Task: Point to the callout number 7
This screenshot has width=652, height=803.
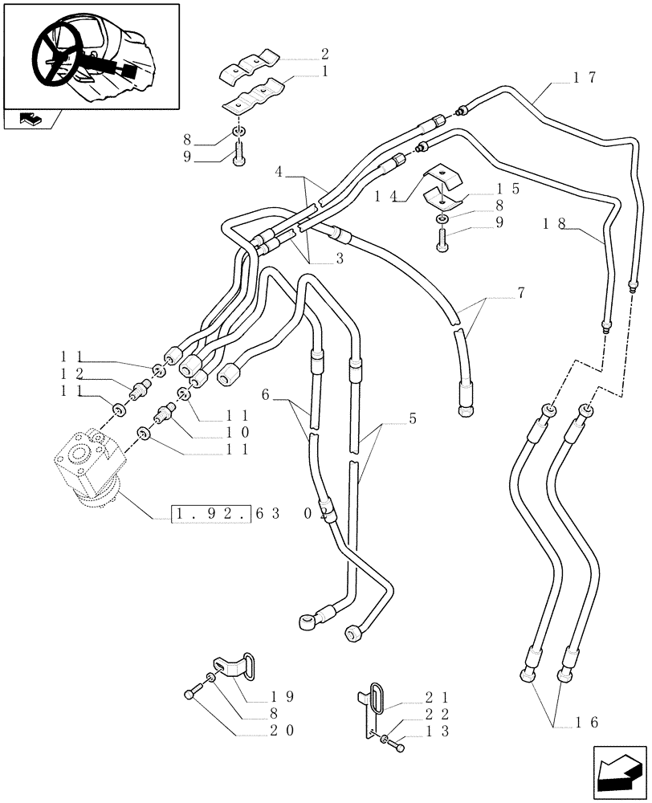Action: pos(521,294)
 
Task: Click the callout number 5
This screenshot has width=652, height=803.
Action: pos(412,418)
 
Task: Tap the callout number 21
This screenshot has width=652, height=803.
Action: pos(438,696)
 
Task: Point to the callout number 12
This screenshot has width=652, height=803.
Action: pos(72,373)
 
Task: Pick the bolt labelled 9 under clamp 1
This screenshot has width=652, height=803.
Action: pos(239,156)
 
